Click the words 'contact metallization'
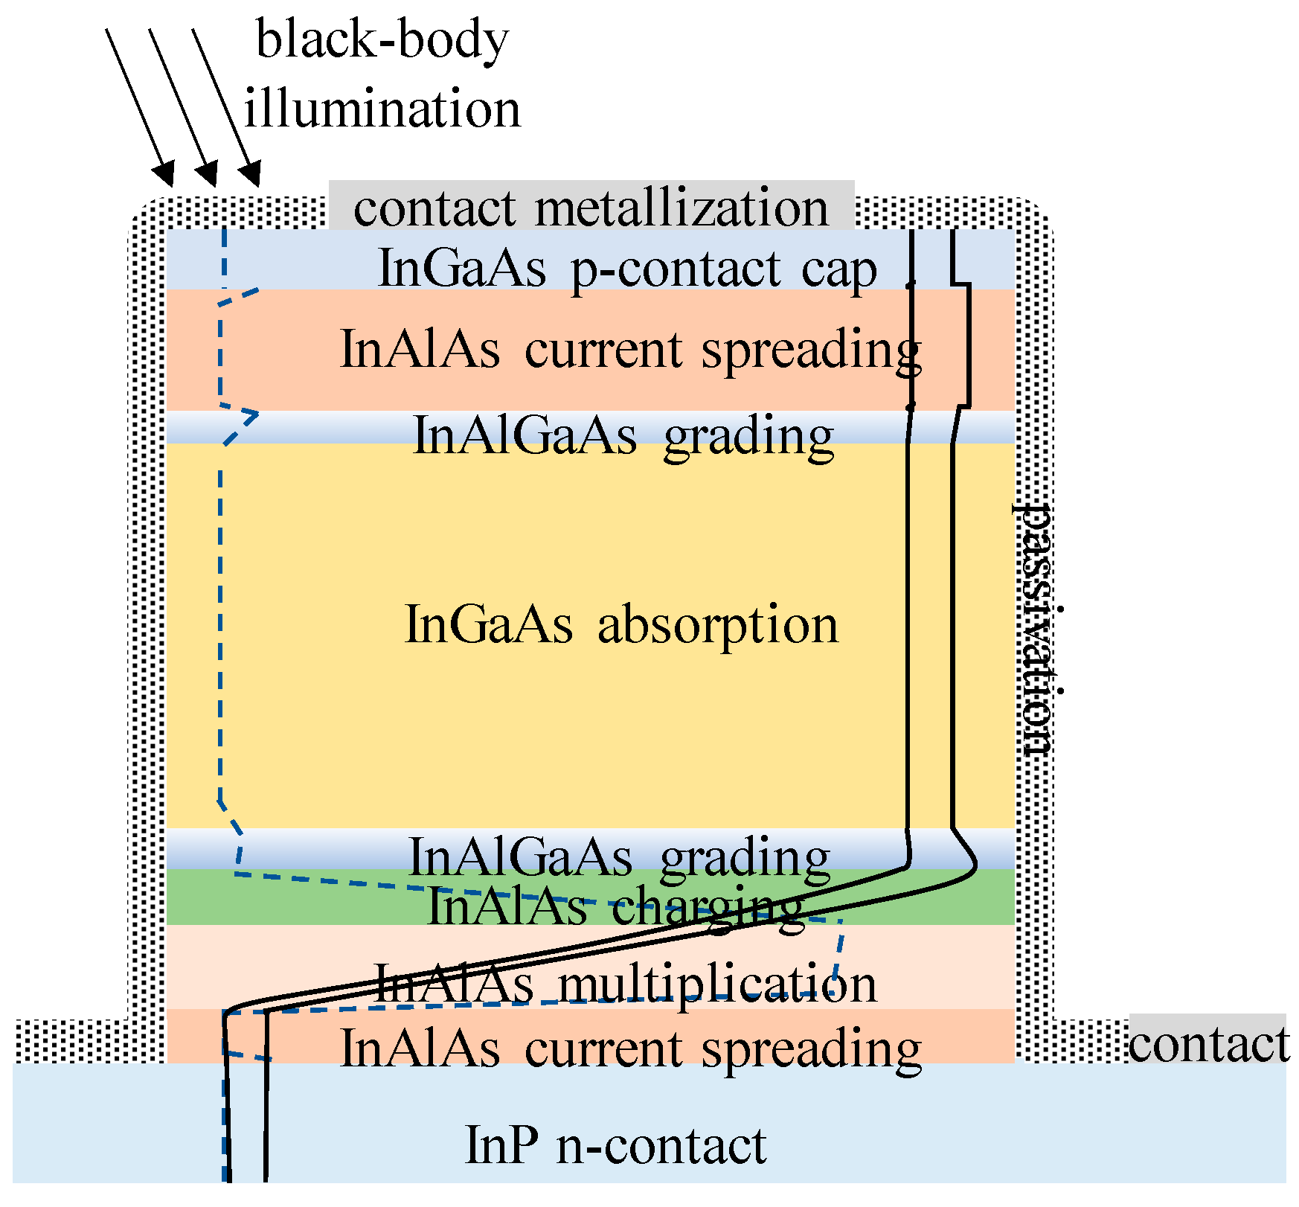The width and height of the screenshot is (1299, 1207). coord(591,208)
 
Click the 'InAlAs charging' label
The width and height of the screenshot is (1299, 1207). coord(615,907)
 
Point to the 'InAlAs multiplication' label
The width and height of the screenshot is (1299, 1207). coord(625,983)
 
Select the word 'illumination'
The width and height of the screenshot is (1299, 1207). coord(382,108)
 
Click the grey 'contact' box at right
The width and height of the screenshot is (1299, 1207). coord(1208,1040)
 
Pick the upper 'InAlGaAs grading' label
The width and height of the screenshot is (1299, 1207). coord(623,435)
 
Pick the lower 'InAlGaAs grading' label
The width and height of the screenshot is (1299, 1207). coord(619,857)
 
